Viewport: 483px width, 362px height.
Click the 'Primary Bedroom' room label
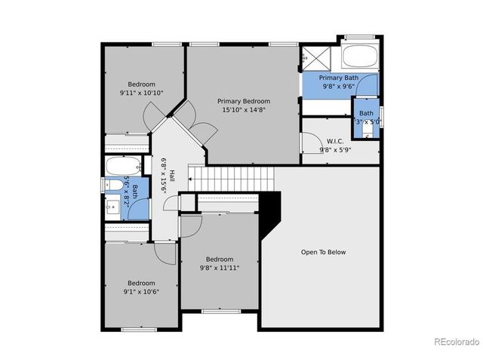(244, 101)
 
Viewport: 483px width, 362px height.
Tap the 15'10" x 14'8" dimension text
(244, 110)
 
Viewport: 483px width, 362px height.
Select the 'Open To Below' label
(323, 252)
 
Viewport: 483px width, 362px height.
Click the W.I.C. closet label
(336, 141)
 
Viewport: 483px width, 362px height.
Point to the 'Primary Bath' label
(338, 78)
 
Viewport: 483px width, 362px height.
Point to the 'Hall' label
(171, 175)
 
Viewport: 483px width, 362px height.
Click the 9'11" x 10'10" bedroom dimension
(141, 93)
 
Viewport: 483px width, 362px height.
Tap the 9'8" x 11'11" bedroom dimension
(220, 267)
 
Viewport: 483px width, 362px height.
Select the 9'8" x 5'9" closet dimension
(336, 150)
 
